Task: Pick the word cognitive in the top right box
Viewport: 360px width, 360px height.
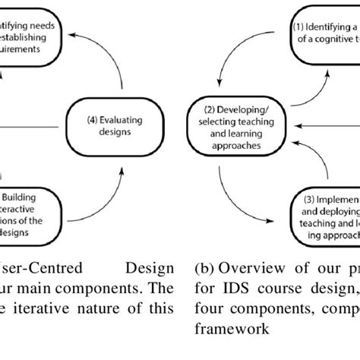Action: pos(333,37)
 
